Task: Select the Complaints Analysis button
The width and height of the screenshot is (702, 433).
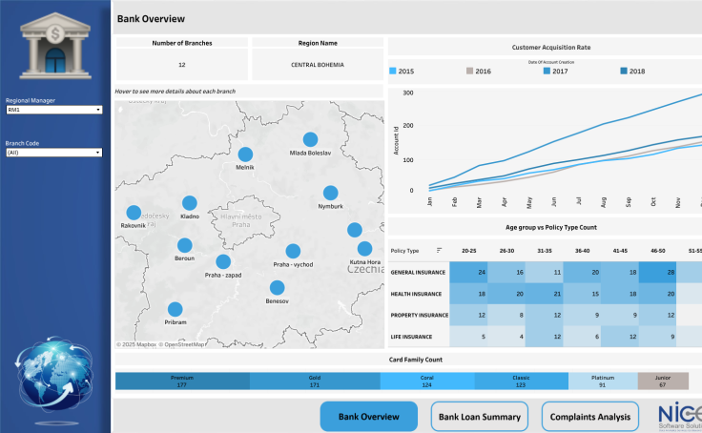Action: [589, 417]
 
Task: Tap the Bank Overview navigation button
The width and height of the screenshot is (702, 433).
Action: [368, 417]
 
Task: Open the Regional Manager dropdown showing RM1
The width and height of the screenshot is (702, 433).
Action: [54, 110]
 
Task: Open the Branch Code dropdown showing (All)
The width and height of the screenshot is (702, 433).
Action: [54, 153]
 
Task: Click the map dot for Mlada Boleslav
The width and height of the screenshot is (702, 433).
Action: [310, 140]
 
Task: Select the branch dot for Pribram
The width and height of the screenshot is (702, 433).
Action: [175, 309]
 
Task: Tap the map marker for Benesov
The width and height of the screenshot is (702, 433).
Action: [278, 287]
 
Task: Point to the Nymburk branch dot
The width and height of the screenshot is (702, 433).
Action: [330, 193]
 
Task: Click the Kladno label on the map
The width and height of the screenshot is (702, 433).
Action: [190, 216]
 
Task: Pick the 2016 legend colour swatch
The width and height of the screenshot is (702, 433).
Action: [469, 72]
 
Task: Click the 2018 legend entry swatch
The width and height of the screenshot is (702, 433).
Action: [624, 72]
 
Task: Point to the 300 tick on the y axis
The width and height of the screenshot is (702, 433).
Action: [407, 93]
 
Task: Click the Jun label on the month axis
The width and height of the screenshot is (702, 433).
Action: [554, 202]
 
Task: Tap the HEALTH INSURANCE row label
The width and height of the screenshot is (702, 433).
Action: [416, 294]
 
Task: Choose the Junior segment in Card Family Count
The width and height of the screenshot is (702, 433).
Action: [662, 381]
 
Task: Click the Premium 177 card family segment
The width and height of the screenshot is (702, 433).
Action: [182, 381]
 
